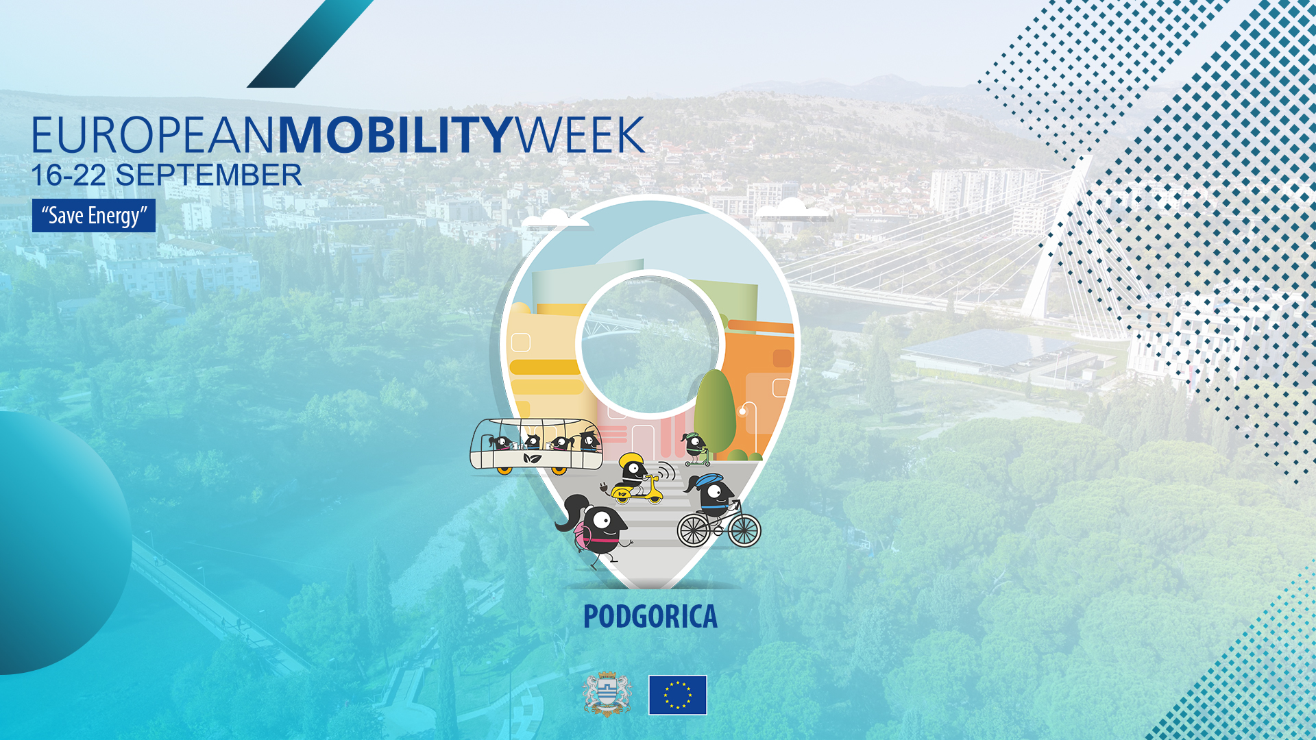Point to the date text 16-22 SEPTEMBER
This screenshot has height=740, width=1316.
[x=167, y=175]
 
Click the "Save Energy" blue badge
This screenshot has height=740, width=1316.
[x=94, y=216]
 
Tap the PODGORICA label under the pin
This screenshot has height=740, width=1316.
[x=650, y=617]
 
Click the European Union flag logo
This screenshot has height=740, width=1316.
[x=677, y=695]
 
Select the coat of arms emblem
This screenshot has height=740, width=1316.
[x=607, y=694]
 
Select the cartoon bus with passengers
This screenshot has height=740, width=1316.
[x=536, y=447]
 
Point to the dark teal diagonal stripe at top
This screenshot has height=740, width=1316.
[x=310, y=44]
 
